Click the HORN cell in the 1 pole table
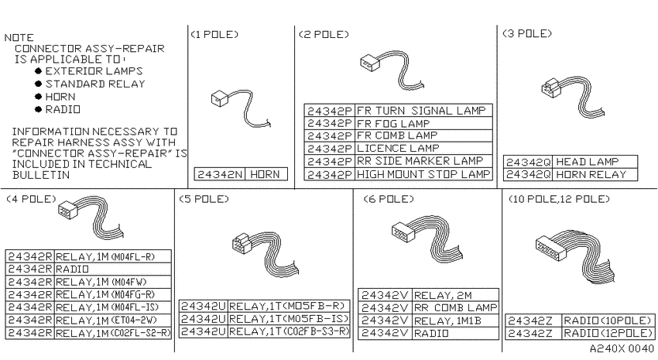click(x=266, y=174)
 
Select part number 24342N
click(x=220, y=174)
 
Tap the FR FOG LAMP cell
click(x=423, y=123)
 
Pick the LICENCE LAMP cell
click(x=423, y=149)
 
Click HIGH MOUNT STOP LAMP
click(x=423, y=174)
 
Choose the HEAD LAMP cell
click(x=595, y=162)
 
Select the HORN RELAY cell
click(x=595, y=174)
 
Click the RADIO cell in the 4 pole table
click(x=112, y=269)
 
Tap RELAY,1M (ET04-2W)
click(x=112, y=321)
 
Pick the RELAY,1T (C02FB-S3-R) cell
click(x=289, y=331)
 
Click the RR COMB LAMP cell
click(x=455, y=308)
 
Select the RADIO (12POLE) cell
click(x=608, y=333)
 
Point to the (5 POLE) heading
click(x=204, y=199)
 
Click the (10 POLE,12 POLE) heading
click(x=559, y=199)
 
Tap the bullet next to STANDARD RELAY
click(x=39, y=84)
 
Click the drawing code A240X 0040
click(x=622, y=348)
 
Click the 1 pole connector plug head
click(x=220, y=99)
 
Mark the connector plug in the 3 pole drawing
click(x=550, y=88)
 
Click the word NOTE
click(x=19, y=37)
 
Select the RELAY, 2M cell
click(x=455, y=295)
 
